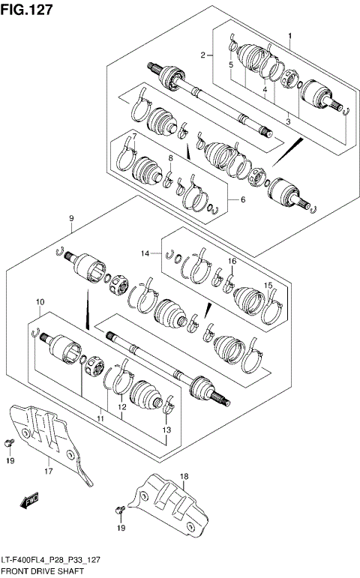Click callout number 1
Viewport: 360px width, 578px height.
click(x=290, y=36)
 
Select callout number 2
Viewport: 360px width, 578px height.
click(x=202, y=55)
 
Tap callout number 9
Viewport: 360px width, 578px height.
click(x=70, y=218)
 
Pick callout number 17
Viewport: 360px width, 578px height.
click(x=49, y=472)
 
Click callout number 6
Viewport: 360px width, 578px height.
click(x=242, y=199)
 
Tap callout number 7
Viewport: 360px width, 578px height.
click(x=133, y=136)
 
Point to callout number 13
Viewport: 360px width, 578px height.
click(x=166, y=429)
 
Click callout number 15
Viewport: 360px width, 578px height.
click(x=267, y=286)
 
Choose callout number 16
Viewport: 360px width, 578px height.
click(x=232, y=261)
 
